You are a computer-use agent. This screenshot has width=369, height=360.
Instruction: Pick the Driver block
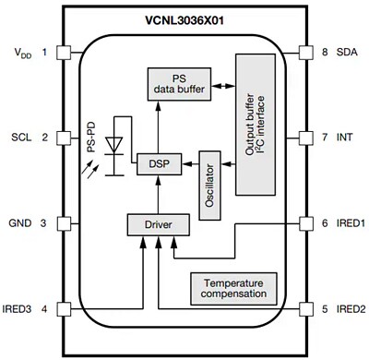[x=158, y=223]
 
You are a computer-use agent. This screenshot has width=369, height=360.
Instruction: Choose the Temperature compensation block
[x=234, y=289]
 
